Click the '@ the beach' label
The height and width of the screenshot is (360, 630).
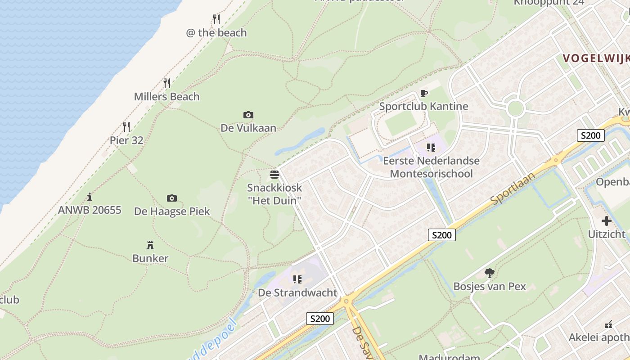point(216,33)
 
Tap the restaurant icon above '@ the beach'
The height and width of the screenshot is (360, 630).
point(216,19)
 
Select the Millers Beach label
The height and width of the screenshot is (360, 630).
point(166,97)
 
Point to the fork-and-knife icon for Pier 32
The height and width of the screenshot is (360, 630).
point(126,126)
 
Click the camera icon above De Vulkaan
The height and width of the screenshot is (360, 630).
point(248,115)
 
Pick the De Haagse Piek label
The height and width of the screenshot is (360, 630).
point(172,211)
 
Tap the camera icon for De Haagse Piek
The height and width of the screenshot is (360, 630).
point(171,198)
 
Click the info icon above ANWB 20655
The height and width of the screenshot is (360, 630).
point(90,197)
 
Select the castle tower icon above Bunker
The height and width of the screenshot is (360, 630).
point(150,245)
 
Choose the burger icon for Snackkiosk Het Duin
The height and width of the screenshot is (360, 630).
point(274,175)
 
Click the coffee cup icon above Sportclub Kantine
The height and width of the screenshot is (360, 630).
point(423,94)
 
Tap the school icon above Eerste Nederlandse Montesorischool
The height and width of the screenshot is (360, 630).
point(431,148)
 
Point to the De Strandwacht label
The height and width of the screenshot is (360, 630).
point(297,293)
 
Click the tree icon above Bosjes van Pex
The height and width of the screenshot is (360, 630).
point(489,273)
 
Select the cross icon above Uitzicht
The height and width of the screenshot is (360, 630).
point(607,221)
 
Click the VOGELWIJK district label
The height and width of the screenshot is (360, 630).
point(596,58)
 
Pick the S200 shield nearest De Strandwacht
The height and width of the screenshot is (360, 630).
point(320,319)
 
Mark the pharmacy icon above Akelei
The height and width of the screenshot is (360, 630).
point(608,324)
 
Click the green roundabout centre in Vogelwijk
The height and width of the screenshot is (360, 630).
point(515,108)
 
